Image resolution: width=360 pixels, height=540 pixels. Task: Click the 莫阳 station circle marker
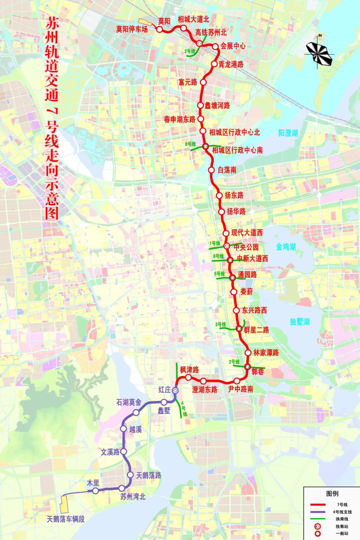[159, 29]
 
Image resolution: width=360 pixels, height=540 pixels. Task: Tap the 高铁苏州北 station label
[211, 32]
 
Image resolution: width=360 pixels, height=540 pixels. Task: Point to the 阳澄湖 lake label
[288, 133]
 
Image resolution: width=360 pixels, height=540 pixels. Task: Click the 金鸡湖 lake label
[286, 247]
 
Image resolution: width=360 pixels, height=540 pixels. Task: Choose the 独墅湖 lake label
[300, 322]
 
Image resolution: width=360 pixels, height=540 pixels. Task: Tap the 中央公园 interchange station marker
[226, 246]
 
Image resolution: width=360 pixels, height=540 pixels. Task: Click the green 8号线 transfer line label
[190, 144]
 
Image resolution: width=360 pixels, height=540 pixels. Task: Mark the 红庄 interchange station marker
[175, 390]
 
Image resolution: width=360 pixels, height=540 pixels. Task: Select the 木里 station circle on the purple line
[96, 491]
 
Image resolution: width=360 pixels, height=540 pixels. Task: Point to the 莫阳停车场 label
[132, 29]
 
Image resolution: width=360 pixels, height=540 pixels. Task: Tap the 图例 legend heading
[332, 493]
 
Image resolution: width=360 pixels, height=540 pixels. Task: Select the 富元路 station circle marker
[203, 82]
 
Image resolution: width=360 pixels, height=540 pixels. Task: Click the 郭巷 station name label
[257, 371]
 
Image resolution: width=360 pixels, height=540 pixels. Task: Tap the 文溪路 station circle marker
[124, 452]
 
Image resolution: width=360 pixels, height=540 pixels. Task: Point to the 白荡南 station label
[227, 170]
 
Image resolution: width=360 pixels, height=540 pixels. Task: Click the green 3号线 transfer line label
[220, 324]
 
